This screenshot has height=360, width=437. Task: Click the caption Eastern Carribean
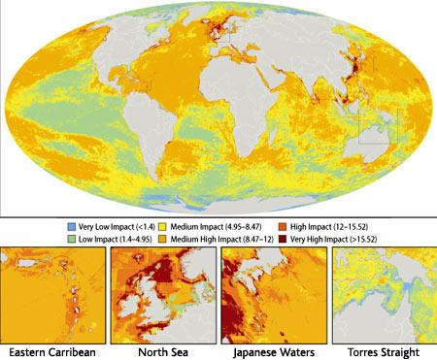click(x=53, y=350)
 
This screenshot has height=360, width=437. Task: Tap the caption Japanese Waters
click(x=273, y=350)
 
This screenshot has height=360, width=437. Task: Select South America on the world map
click(x=146, y=126)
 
